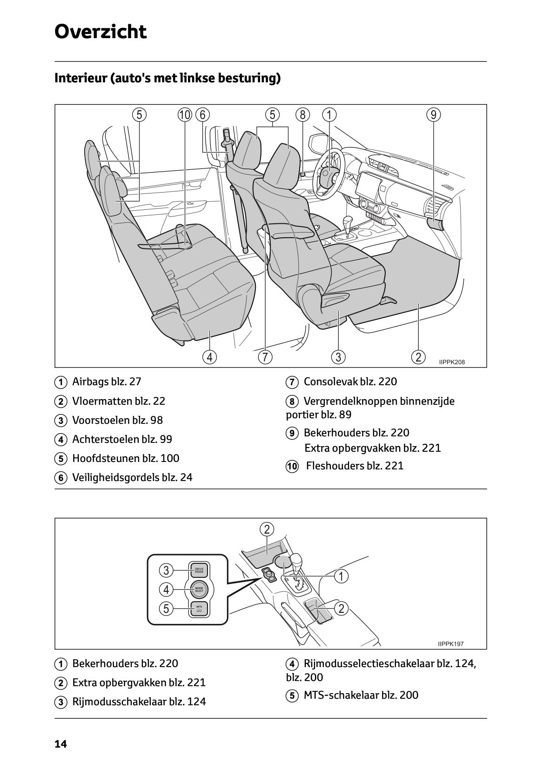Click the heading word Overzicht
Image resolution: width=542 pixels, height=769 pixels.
pyautogui.click(x=100, y=32)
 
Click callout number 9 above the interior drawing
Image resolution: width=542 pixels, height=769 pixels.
pyautogui.click(x=433, y=114)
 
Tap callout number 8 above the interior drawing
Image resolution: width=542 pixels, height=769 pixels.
pyautogui.click(x=302, y=114)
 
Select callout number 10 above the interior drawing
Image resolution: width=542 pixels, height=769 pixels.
pyautogui.click(x=185, y=114)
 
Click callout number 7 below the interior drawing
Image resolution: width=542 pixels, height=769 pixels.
pyautogui.click(x=265, y=357)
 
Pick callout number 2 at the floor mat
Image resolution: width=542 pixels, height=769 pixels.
pyautogui.click(x=418, y=357)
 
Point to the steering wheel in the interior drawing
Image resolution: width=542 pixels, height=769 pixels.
pyautogui.click(x=328, y=176)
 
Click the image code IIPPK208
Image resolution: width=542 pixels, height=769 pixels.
pyautogui.click(x=452, y=362)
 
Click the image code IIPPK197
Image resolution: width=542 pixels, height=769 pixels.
pyautogui.click(x=450, y=644)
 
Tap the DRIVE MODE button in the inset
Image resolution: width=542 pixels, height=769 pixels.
pyautogui.click(x=199, y=570)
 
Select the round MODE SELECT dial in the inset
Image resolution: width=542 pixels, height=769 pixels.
pyautogui.click(x=199, y=589)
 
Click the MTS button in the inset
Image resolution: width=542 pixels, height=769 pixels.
pyautogui.click(x=199, y=609)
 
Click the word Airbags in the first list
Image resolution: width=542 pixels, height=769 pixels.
pyautogui.click(x=90, y=382)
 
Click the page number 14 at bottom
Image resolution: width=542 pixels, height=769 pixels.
pyautogui.click(x=60, y=744)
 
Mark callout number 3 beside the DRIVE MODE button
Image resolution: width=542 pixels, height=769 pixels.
pyautogui.click(x=166, y=570)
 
